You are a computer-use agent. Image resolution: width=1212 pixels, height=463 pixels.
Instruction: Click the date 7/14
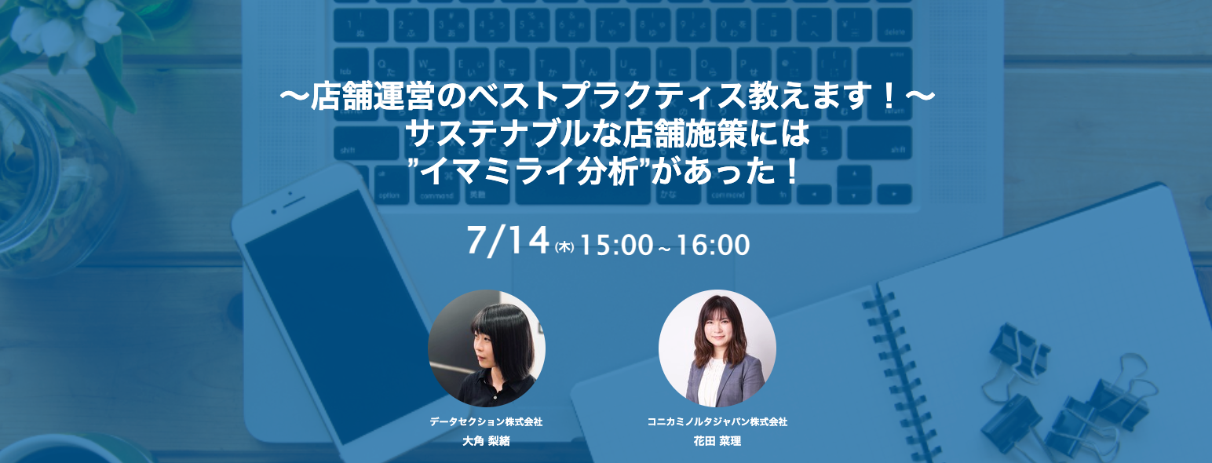(x=506, y=241)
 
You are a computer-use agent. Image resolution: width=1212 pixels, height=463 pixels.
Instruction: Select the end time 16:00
(x=714, y=245)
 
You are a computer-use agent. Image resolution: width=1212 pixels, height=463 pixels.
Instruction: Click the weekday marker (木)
(x=564, y=246)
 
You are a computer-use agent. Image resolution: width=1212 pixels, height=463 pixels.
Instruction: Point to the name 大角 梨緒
(x=487, y=441)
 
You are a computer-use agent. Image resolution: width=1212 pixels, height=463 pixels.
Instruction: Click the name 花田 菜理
(x=717, y=441)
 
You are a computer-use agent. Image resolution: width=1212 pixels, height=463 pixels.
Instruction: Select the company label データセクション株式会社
(x=486, y=422)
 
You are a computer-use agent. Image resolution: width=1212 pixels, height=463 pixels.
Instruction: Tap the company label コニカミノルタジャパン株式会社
(x=717, y=422)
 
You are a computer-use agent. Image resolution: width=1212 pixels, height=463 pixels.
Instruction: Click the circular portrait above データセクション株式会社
(x=487, y=348)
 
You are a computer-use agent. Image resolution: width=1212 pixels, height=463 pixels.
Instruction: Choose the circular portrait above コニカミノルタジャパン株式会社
(x=717, y=348)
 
